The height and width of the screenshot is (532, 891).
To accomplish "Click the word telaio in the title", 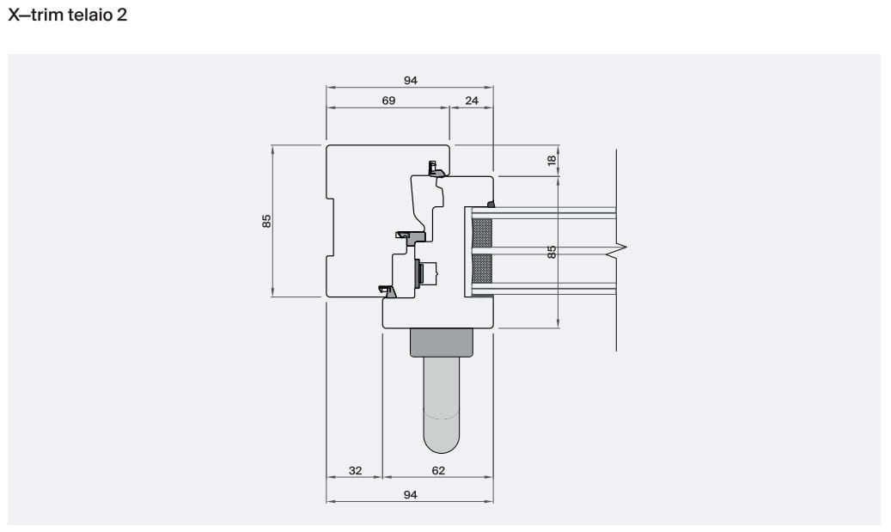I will [x=85, y=16].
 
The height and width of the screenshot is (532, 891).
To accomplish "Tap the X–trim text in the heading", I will [x=34, y=16].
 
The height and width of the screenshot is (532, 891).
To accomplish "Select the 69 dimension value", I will [x=388, y=101].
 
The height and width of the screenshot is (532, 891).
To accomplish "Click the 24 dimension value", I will [x=472, y=101].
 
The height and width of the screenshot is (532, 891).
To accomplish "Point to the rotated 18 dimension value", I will [x=552, y=159].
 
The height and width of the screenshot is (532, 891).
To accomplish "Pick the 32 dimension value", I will [x=355, y=470].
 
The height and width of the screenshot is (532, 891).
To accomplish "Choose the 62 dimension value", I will [x=438, y=470].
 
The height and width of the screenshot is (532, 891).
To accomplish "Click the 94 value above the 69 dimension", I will [x=410, y=80].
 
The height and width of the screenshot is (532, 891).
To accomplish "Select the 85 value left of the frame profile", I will [x=267, y=220].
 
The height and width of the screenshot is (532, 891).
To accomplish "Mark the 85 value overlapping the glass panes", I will [x=552, y=251].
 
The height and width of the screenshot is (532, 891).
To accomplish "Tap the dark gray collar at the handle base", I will [x=442, y=342].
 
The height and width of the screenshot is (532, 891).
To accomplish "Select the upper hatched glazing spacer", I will [x=483, y=233].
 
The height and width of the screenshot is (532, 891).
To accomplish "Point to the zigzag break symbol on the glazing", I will [x=618, y=251].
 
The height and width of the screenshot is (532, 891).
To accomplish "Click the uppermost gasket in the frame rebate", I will [x=436, y=170].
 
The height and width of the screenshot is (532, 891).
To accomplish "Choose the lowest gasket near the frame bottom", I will [x=388, y=291].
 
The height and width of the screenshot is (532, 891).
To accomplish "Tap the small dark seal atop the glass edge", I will [x=491, y=204].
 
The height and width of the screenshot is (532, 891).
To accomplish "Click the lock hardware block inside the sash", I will [x=425, y=274].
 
